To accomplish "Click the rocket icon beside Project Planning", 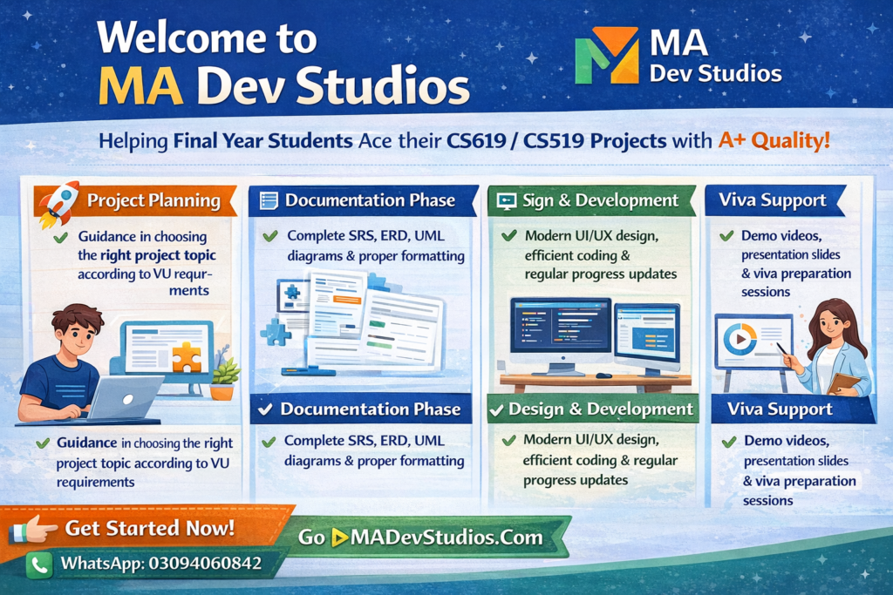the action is coord(58,204).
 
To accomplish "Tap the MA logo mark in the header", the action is coord(607,55).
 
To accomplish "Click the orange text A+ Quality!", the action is coord(774,140).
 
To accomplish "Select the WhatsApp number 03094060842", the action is coord(205,563).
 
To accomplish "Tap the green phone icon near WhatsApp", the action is coord(39,565).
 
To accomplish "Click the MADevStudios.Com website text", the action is coord(446,537).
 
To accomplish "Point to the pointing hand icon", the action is coord(33,529).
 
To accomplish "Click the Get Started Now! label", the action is coord(150,528).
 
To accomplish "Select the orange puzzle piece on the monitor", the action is coord(187,356).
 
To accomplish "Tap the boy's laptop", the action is coord(122,397).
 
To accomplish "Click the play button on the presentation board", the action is coord(740,340).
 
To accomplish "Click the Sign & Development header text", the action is coord(600,200).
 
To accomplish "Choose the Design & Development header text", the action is coord(601,409).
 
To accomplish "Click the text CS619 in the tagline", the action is coord(476,140).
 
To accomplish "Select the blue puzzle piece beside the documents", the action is coord(276,332).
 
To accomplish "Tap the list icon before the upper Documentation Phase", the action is coord(269,200).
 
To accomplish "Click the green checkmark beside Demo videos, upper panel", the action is coord(726,235).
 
